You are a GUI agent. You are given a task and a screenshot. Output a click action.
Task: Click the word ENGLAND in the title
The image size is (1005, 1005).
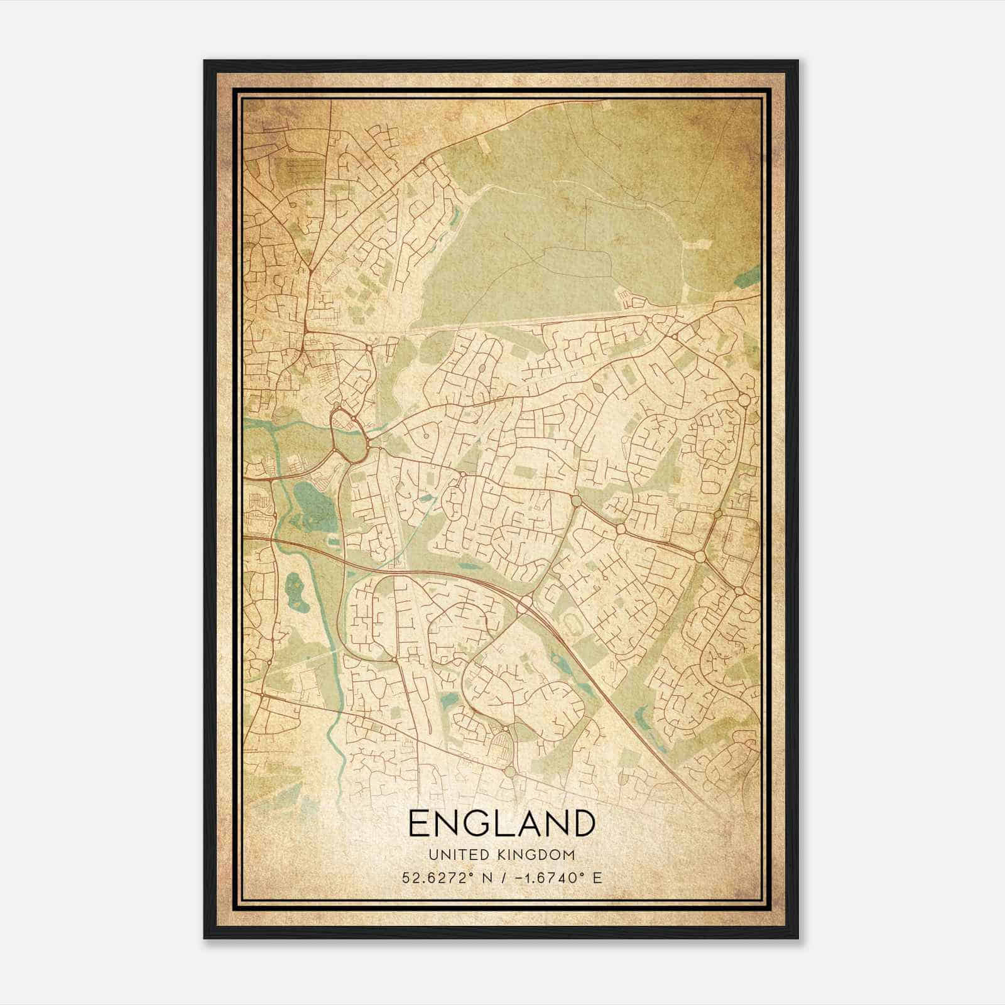[501, 823]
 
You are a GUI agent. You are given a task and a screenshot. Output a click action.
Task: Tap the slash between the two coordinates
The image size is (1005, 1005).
[498, 877]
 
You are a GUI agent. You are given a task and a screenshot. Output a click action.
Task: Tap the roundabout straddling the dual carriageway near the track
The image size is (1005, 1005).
[525, 604]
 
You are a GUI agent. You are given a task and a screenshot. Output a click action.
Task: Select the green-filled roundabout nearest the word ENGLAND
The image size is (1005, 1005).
[509, 770]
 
